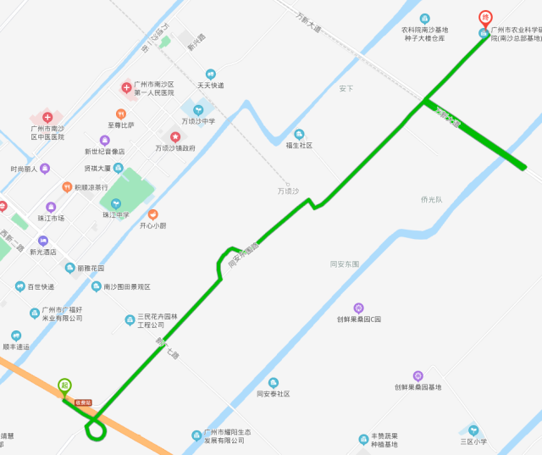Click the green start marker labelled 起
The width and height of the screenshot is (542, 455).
(64, 386)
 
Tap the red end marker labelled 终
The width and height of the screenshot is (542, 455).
(485, 17)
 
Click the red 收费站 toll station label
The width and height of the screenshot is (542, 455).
(83, 402)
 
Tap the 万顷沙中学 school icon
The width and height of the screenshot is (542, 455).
(198, 108)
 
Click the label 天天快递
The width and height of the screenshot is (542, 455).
(211, 86)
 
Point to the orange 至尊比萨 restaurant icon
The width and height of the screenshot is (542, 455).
(122, 114)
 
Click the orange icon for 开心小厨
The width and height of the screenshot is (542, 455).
(153, 214)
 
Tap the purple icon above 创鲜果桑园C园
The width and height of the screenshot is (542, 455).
(359, 308)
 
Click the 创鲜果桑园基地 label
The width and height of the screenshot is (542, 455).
(418, 387)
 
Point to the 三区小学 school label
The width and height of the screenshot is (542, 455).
(473, 441)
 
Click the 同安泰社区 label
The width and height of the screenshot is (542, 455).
(274, 394)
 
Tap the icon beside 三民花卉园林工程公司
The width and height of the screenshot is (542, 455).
(130, 319)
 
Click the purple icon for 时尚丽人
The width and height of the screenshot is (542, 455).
(45, 169)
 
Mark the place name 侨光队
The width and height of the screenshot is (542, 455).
(431, 200)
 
